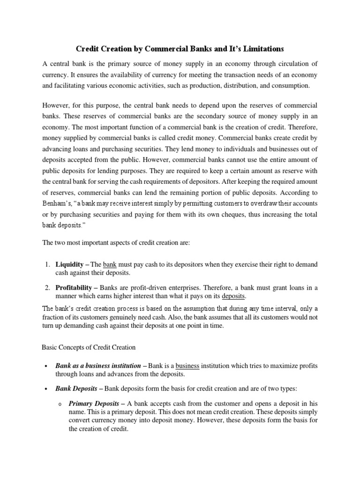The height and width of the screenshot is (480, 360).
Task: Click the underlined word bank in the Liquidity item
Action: pyautogui.click(x=109, y=264)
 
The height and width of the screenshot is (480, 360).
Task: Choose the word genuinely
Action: pyautogui.click(x=145, y=317)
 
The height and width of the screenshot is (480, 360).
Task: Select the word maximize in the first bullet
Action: pyautogui.click(x=284, y=366)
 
